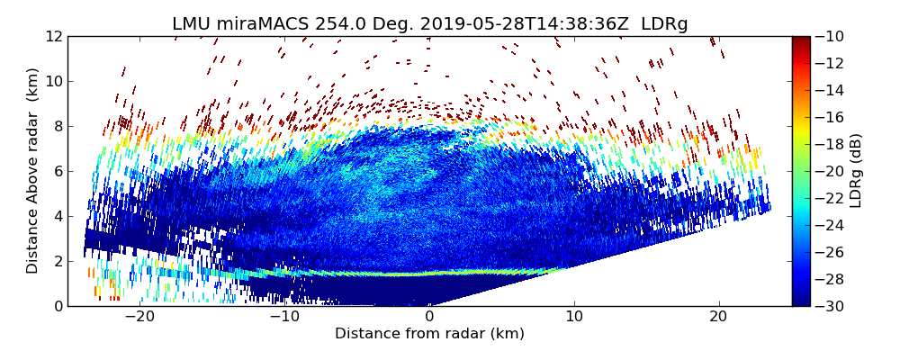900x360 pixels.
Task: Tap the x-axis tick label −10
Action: click(x=283, y=317)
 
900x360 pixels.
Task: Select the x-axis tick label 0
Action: click(x=429, y=317)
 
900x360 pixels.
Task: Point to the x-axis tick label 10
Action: click(x=574, y=317)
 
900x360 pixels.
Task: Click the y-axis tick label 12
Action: click(x=53, y=36)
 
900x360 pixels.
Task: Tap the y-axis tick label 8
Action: click(x=57, y=126)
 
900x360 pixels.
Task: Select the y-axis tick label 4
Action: click(x=57, y=216)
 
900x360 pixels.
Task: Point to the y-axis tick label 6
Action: click(x=57, y=171)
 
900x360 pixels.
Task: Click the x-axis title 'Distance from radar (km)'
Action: click(x=429, y=334)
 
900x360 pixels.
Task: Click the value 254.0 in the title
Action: click(x=318, y=24)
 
